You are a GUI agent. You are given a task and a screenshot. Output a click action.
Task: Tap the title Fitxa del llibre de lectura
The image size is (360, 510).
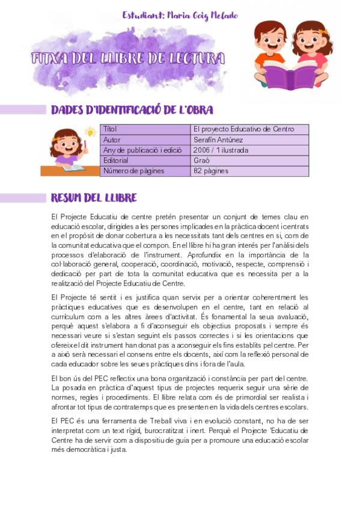point(127,59)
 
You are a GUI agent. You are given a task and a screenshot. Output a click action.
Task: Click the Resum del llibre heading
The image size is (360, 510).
point(94,198)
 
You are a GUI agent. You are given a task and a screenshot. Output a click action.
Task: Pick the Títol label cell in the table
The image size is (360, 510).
point(110,129)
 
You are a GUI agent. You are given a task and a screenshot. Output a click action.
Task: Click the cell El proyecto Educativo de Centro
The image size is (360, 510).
point(243,129)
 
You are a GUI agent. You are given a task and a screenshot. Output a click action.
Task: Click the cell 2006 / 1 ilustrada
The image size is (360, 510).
point(221,150)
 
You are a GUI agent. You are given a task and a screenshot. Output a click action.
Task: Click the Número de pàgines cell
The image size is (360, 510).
point(129,171)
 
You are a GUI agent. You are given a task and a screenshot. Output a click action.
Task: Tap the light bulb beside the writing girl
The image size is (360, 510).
point(91,132)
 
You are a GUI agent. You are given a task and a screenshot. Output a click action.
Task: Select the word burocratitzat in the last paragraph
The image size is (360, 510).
point(177,431)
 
